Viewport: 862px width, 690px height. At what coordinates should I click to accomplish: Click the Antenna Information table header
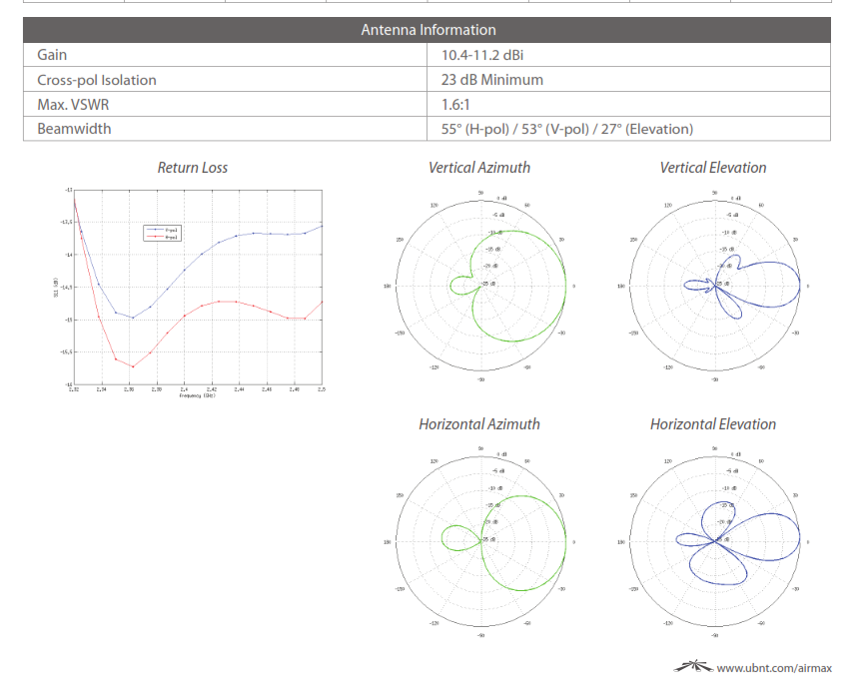coord(428,30)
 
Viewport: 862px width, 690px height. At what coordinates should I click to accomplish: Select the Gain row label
coord(52,55)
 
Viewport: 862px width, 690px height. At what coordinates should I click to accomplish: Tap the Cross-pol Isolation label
coord(97,80)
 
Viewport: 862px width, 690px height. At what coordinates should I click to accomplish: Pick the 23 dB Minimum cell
coord(491,80)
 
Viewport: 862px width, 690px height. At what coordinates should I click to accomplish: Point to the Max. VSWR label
coord(74,104)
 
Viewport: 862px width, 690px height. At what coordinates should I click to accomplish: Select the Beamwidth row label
coord(74,129)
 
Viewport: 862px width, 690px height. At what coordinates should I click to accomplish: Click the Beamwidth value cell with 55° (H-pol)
coord(566,129)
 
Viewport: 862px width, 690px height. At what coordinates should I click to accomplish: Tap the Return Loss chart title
coord(192,168)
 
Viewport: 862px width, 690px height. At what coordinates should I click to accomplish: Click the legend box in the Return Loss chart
coord(163,233)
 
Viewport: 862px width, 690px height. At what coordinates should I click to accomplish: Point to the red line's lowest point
coord(133,366)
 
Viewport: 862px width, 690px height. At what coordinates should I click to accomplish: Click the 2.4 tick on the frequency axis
coord(184,389)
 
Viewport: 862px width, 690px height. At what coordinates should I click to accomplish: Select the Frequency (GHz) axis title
coord(197,396)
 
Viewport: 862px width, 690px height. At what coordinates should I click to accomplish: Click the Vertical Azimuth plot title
coord(479,168)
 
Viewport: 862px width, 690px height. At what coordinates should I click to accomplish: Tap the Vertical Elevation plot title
coord(713,168)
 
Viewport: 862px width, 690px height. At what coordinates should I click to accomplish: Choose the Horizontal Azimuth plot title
coord(479,424)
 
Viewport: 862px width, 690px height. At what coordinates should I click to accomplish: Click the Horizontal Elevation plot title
coord(713,424)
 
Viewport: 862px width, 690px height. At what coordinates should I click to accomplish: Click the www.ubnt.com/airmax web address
coord(774,668)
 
